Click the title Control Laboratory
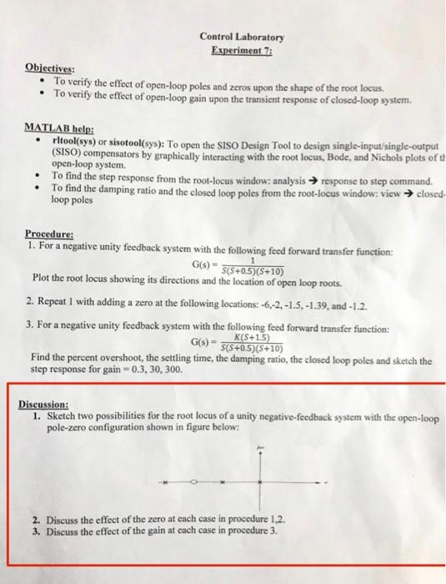point(242,38)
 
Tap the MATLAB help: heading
point(57,130)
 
